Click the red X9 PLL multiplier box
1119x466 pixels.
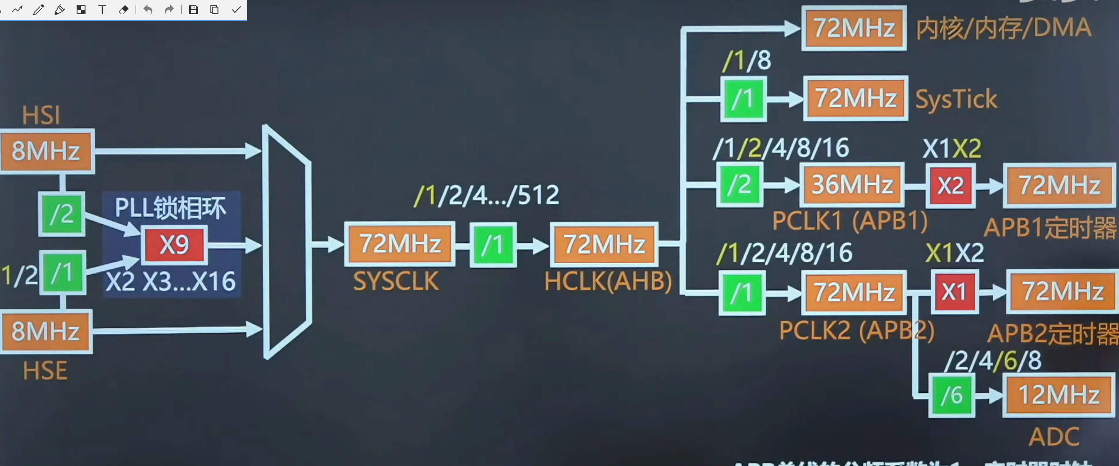(174, 245)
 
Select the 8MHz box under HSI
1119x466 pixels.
(46, 151)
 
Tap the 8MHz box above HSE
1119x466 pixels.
(46, 331)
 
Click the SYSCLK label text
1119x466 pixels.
(396, 281)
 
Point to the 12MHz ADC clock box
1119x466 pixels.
(1059, 395)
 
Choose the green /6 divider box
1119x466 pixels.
(952, 395)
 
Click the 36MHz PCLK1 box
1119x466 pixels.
(852, 184)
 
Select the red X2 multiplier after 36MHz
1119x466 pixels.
(951, 185)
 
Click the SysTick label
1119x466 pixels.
(956, 99)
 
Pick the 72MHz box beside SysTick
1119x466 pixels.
(855, 98)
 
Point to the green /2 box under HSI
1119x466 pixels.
(62, 214)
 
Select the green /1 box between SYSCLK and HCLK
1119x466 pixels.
(493, 245)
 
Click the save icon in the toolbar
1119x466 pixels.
(194, 10)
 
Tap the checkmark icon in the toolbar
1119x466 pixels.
(236, 10)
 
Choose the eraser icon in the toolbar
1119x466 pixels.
(124, 10)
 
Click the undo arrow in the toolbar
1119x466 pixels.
(148, 10)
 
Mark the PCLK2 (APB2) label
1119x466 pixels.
(856, 330)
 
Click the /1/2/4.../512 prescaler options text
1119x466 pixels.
(486, 195)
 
